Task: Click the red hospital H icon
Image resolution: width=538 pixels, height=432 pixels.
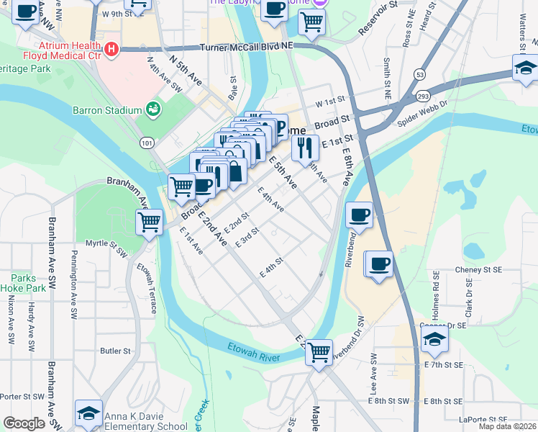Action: tap(111, 49)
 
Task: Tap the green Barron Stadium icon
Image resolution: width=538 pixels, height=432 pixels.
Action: tap(152, 109)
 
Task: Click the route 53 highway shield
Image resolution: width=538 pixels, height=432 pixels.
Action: tap(418, 74)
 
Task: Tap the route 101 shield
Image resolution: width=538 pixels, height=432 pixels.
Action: tap(147, 143)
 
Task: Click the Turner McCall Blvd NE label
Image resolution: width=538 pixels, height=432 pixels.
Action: tap(247, 45)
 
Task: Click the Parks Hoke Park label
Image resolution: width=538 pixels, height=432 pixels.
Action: tap(28, 283)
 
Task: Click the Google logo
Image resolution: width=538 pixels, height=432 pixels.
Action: tap(24, 423)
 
